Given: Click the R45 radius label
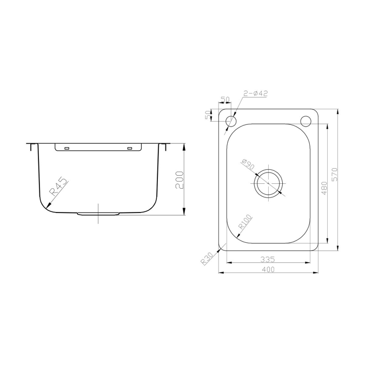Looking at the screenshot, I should tap(58, 187).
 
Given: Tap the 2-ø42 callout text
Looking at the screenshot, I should tap(256, 94).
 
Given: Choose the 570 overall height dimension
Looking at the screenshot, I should tap(335, 174).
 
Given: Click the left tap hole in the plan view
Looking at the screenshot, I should tap(231, 121).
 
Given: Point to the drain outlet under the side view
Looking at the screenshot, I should tap(98, 214).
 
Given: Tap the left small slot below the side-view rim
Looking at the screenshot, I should tap(67, 148).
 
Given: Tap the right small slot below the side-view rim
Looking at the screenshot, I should tap(129, 148).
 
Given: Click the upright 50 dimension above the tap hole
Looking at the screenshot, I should tap(225, 101).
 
